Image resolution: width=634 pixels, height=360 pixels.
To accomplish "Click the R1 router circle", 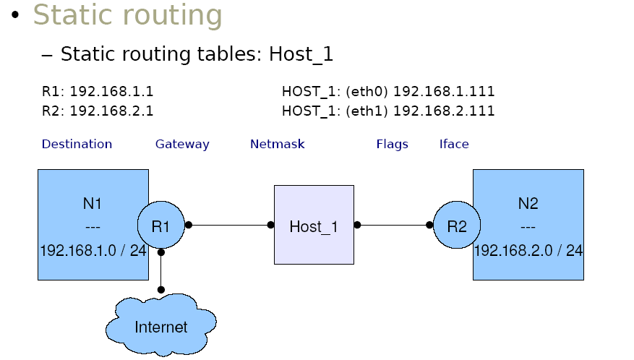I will [160, 226].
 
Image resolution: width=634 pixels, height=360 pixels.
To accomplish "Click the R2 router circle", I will [457, 226].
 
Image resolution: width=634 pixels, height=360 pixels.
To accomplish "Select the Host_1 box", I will [314, 225].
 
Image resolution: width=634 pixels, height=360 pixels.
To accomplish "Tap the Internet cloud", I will [160, 327].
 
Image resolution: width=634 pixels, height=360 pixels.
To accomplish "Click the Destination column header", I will [77, 144].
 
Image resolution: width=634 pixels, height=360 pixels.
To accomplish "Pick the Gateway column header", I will [182, 144].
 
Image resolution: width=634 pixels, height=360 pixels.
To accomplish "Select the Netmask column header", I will [277, 144].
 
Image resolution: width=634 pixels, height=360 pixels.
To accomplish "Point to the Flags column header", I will [392, 144].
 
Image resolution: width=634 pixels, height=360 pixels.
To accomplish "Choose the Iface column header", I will [454, 144].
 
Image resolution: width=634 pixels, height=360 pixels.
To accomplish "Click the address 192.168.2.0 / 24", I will [528, 251].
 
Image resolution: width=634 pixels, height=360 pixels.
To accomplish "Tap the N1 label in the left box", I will [93, 204].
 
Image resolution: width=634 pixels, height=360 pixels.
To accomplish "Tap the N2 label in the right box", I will [528, 204].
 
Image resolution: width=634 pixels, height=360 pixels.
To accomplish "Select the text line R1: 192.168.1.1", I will [98, 92].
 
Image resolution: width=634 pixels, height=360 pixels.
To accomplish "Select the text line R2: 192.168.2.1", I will [98, 111].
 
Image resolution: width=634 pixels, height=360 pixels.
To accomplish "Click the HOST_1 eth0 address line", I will [388, 92].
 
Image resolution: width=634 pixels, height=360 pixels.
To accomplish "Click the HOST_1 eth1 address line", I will [388, 111].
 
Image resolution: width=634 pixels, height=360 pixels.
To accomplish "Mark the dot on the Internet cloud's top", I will [161, 289].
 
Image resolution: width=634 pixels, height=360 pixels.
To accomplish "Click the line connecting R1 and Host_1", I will [229, 225].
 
